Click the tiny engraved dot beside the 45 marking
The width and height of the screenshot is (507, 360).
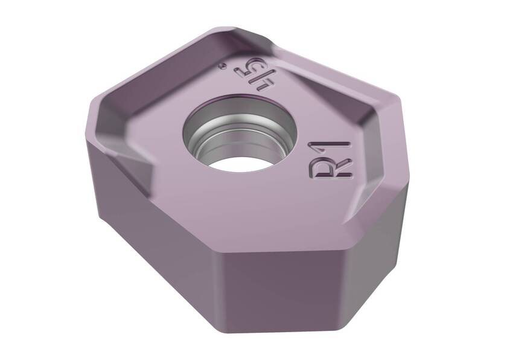click(223, 65)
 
